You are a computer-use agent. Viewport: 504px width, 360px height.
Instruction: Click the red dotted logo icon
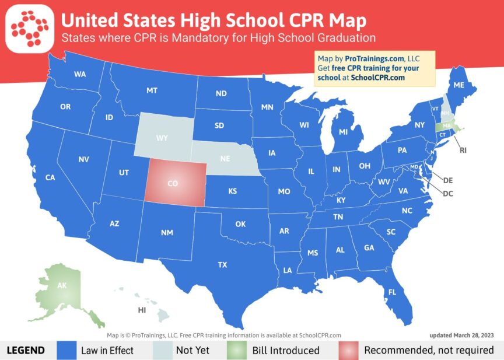(29, 29)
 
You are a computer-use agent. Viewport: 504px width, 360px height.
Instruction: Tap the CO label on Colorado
(173, 183)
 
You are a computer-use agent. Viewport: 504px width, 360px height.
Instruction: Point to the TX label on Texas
(222, 265)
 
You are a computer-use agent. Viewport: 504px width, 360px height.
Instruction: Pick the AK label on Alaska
(61, 285)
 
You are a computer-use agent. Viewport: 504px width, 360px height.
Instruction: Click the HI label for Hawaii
(142, 310)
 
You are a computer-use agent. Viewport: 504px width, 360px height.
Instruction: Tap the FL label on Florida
(393, 292)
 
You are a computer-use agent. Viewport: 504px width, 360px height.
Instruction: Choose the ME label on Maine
(459, 85)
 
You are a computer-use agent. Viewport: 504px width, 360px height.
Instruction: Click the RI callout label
(463, 150)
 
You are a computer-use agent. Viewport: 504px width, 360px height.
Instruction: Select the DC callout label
(448, 193)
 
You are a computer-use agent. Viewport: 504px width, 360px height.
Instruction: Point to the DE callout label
(448, 180)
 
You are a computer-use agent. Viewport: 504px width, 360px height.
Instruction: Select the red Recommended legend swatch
(348, 350)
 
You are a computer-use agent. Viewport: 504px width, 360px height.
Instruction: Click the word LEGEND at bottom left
(26, 350)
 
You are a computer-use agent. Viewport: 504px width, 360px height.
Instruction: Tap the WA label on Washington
(80, 74)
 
